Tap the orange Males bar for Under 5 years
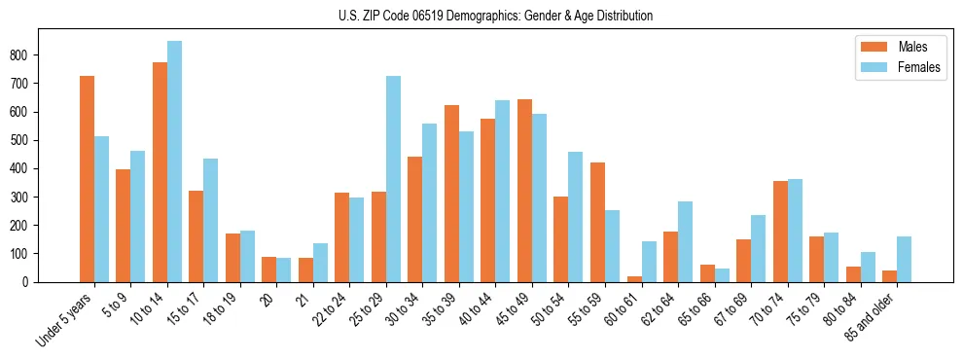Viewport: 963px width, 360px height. [87, 179]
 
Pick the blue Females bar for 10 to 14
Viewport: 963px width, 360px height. [174, 162]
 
